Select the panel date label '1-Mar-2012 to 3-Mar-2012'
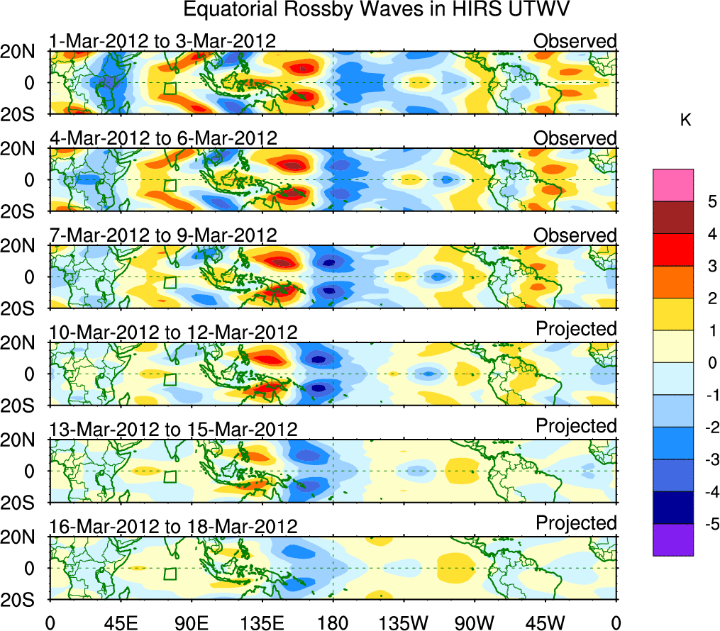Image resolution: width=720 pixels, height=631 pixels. (162, 41)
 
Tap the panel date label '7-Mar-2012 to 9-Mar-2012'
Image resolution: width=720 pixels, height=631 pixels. (162, 235)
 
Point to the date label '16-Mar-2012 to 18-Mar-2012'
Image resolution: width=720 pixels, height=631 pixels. (172, 526)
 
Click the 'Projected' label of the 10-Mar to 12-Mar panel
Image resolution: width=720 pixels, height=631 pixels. (576, 328)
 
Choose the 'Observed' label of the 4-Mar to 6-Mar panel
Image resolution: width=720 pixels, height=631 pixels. (575, 138)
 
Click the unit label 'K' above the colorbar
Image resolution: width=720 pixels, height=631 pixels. (685, 121)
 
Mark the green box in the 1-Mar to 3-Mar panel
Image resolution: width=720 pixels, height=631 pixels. (170, 89)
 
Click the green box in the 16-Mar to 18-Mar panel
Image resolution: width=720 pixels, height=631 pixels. (170, 574)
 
